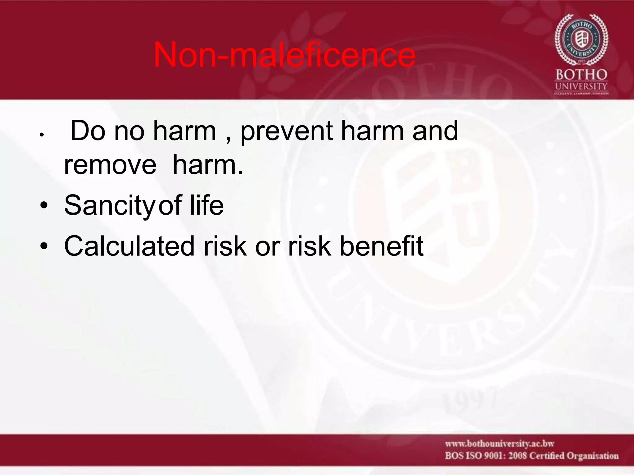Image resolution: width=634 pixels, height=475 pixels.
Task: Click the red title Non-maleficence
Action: [284, 55]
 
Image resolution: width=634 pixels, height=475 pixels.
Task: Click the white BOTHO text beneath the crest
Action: [581, 75]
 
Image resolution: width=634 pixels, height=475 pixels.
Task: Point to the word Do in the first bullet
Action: [88, 131]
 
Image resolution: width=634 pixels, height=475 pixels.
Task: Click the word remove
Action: [110, 165]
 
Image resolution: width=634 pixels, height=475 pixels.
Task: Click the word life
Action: [206, 205]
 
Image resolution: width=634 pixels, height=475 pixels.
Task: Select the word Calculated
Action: [129, 246]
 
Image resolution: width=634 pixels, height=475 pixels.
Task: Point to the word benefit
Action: [381, 246]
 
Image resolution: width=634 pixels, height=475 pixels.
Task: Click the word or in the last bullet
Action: [267, 247]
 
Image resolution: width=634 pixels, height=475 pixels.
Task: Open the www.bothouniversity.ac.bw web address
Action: [499, 444]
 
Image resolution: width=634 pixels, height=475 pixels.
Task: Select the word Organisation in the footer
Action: [593, 456]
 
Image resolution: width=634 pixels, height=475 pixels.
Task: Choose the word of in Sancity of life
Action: [170, 205]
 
